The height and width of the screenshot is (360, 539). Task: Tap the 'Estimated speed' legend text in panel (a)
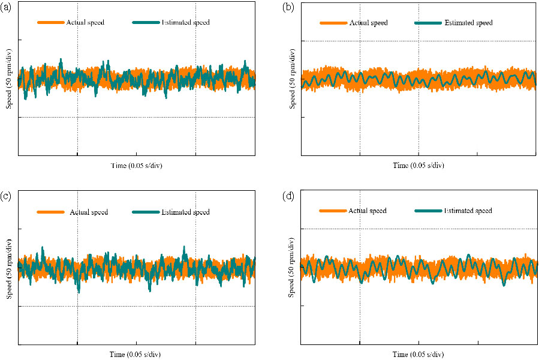click(x=185, y=23)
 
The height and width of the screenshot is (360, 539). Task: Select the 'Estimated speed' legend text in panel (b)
click(x=468, y=23)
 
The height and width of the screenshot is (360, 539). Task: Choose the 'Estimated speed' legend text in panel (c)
click(x=185, y=212)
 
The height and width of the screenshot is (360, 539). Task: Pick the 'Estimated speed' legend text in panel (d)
click(x=468, y=211)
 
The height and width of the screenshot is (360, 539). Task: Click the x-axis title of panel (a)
click(x=136, y=166)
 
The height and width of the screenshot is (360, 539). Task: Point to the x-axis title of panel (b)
click(x=418, y=166)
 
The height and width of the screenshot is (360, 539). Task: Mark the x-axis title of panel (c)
click(x=136, y=355)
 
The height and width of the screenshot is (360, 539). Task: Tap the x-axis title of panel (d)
click(x=418, y=355)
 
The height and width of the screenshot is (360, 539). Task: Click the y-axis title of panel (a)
click(x=10, y=79)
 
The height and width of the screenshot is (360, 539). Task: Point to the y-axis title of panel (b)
click(x=292, y=79)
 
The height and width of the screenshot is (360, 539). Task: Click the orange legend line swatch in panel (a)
click(x=50, y=23)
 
